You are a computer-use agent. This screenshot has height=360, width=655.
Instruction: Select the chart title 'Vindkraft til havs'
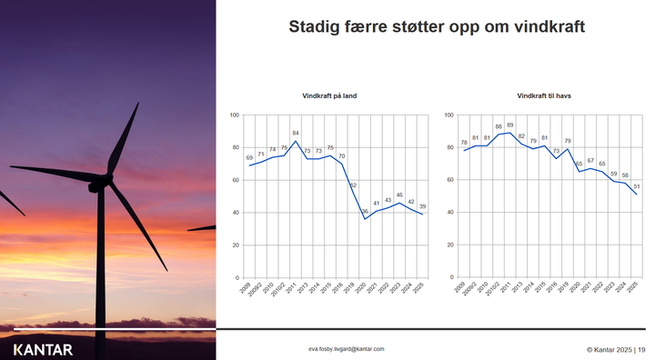[x=544, y=95]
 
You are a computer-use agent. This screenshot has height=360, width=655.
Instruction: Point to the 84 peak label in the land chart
[x=296, y=133]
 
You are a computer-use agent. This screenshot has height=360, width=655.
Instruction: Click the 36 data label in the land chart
[x=365, y=211]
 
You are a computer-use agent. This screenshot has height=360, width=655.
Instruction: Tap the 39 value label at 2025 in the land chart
[x=421, y=206]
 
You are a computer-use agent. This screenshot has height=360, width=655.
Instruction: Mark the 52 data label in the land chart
[x=353, y=185]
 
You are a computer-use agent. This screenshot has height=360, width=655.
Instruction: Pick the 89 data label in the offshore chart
[x=510, y=125]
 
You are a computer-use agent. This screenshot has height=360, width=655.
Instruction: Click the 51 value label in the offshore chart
[x=635, y=186]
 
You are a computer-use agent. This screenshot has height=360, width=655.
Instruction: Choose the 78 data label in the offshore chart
[x=464, y=143]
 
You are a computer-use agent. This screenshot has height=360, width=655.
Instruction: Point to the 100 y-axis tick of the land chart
[x=234, y=115]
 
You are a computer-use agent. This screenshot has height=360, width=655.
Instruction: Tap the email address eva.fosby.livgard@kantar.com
[x=347, y=348]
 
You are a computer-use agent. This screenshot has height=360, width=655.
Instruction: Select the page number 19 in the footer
[x=640, y=348]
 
